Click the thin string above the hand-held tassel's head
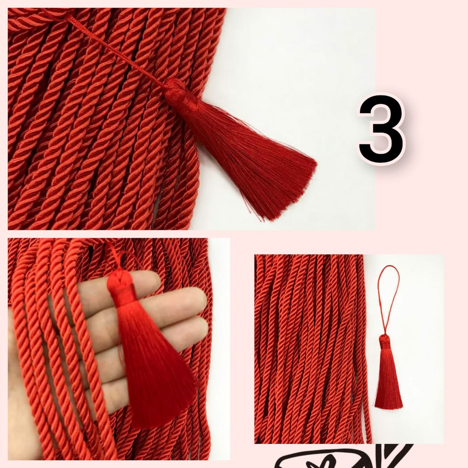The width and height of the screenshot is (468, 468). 112,256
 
